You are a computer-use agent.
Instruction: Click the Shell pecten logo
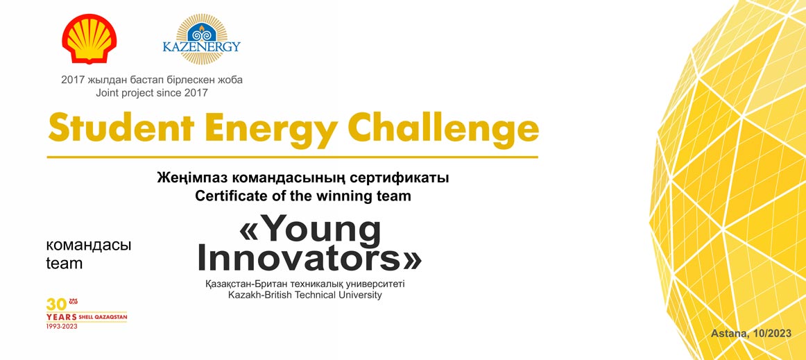tap(89, 39)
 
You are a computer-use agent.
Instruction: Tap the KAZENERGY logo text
tap(201, 46)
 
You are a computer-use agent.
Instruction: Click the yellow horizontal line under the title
tap(293, 157)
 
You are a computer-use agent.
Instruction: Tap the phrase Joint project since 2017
tap(152, 93)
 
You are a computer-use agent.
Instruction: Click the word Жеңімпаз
tap(192, 179)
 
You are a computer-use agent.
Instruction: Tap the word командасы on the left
tap(88, 246)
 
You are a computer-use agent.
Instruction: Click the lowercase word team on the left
tap(65, 264)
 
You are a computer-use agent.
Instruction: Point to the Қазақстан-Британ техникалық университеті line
tap(309, 284)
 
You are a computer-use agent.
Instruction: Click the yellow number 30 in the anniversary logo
tap(57, 305)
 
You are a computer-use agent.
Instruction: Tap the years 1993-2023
tap(62, 327)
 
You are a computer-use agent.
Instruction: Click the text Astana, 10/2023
tap(751, 334)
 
